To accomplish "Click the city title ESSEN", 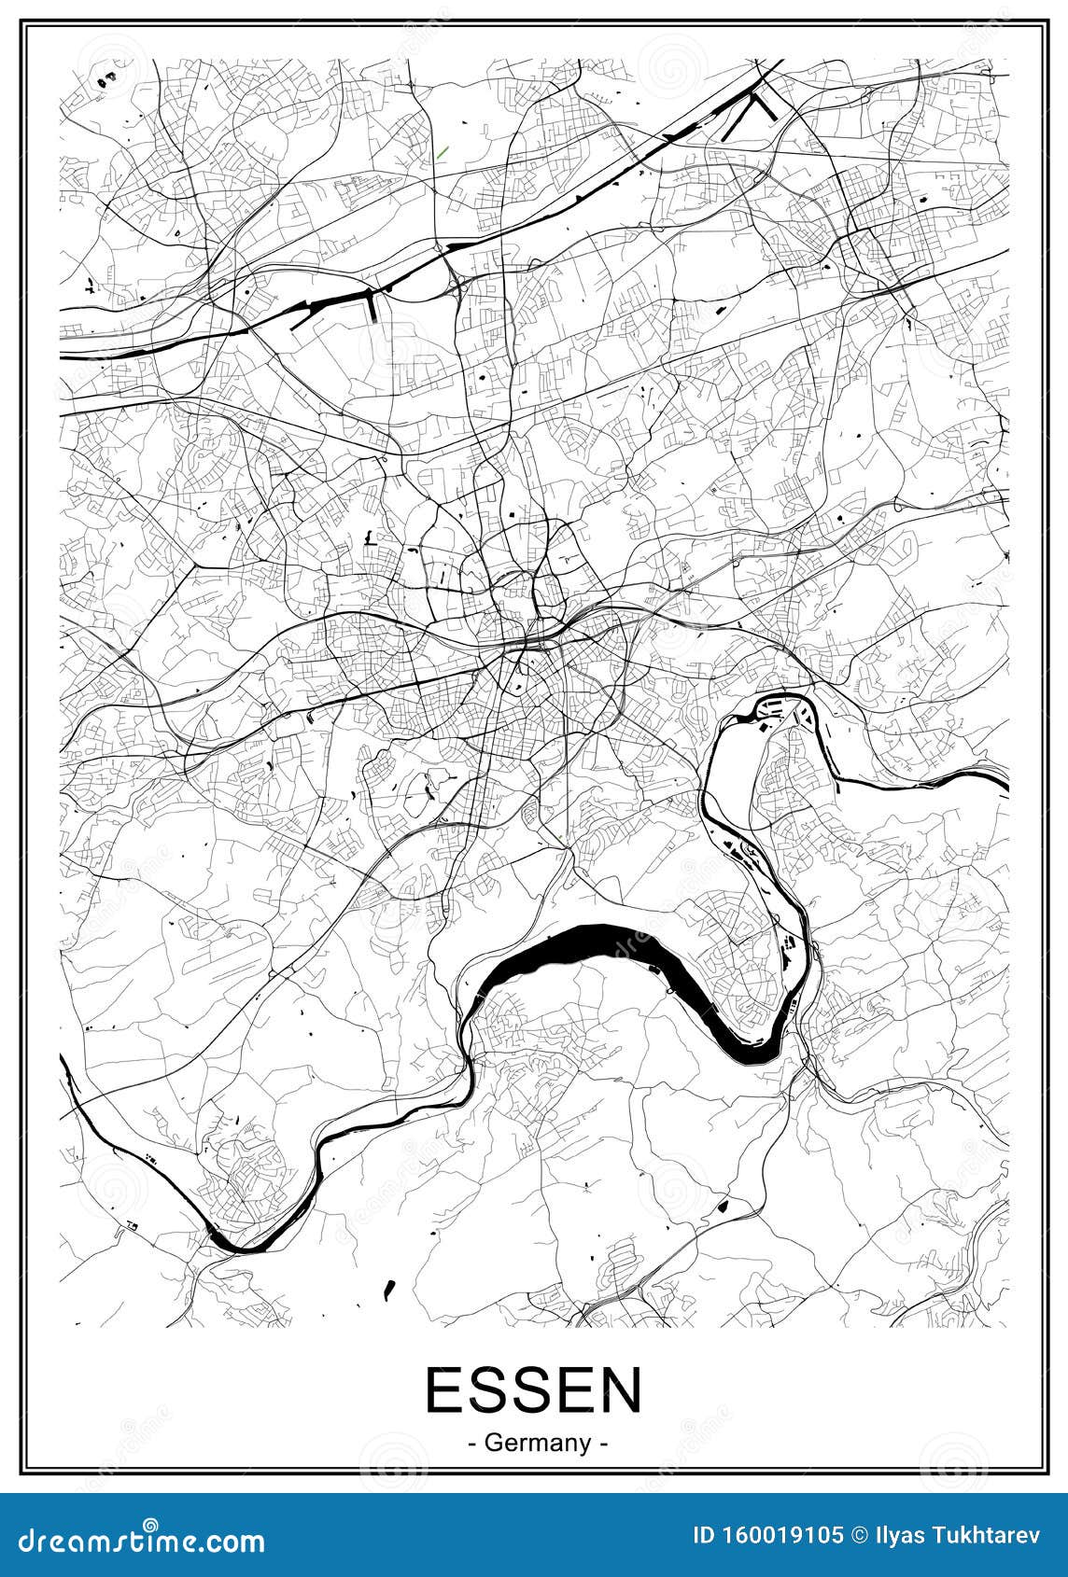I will [x=534, y=1390].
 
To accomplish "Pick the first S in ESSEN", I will [x=488, y=1390].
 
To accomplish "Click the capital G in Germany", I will [x=493, y=1443].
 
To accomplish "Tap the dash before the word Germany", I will [x=472, y=1444].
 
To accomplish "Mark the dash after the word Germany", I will [x=605, y=1444].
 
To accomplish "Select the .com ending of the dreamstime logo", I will [x=234, y=1542].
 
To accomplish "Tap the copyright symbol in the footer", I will [x=858, y=1534].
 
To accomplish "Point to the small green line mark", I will [x=442, y=151].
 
